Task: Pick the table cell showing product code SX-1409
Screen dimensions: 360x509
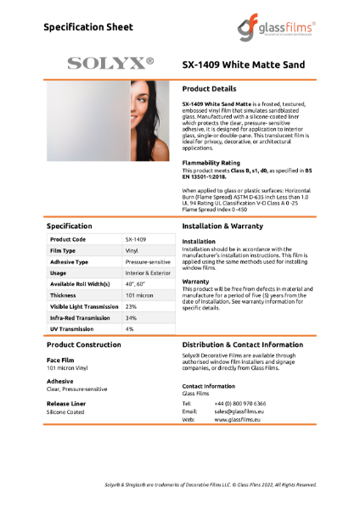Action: [x=136, y=239]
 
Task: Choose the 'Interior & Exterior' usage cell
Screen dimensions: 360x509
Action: [x=148, y=273]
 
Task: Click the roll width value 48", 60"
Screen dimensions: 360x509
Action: [x=136, y=284]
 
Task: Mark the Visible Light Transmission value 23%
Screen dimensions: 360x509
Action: [x=131, y=306]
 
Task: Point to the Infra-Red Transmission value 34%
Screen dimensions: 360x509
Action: [x=131, y=317]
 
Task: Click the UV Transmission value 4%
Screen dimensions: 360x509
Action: [x=130, y=328]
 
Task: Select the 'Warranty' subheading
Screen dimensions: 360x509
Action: [x=196, y=281]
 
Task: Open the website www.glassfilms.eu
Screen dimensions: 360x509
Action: [x=238, y=419]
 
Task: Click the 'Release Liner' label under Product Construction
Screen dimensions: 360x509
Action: [x=66, y=402]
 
